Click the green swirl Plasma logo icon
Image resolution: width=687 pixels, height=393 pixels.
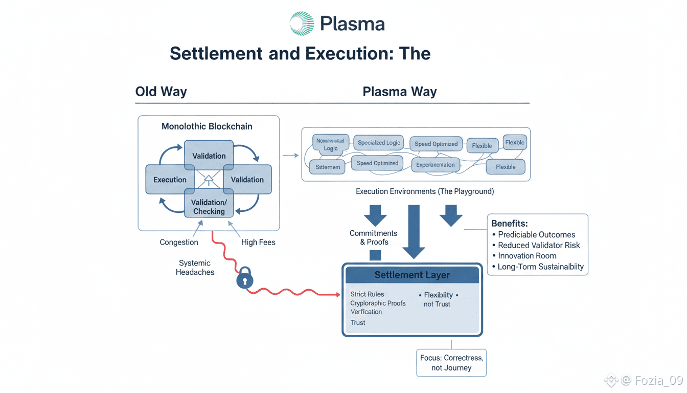tap(302, 24)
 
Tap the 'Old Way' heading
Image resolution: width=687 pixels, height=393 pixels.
tap(161, 92)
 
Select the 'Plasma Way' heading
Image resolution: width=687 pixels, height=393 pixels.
tap(399, 92)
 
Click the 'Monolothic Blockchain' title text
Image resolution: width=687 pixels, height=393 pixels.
tap(207, 126)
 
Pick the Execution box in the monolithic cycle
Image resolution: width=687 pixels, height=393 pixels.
tap(170, 180)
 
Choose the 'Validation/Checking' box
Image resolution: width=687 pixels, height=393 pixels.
tap(209, 207)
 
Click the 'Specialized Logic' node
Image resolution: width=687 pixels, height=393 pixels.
tap(379, 143)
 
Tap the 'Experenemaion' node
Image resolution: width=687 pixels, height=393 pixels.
tap(435, 165)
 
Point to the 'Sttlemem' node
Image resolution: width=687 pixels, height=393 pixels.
tap(328, 167)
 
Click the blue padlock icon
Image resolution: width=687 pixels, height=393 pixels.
tap(245, 279)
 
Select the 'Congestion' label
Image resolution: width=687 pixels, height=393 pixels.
tap(179, 242)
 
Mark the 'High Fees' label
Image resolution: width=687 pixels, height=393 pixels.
tap(258, 242)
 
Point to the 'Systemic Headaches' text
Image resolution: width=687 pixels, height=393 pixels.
tap(195, 268)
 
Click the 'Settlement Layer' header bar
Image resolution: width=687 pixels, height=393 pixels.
tap(412, 275)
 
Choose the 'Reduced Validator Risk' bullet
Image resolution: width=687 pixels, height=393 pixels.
tap(539, 245)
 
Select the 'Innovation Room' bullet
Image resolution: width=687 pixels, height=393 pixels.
tap(527, 256)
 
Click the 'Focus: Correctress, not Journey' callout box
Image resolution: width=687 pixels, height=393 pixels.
tap(451, 362)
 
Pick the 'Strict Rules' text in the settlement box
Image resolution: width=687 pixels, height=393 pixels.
tap(367, 294)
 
